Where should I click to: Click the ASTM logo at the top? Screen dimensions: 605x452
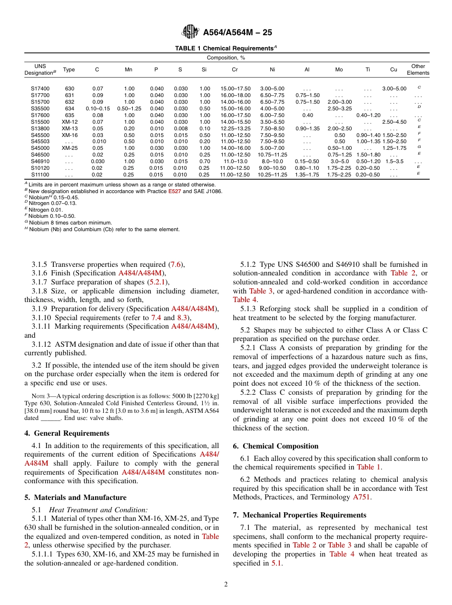click(x=190, y=32)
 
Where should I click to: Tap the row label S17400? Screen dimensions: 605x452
click(x=40, y=88)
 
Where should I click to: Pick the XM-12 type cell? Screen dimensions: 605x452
click(x=69, y=122)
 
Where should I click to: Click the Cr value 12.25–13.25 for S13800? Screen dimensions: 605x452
click(x=235, y=128)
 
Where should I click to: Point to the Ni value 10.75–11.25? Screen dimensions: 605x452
click(x=272, y=155)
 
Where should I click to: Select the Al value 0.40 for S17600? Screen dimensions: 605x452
click(x=307, y=115)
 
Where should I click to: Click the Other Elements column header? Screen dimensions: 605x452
click(x=418, y=69)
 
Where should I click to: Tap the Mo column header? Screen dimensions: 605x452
click(x=339, y=69)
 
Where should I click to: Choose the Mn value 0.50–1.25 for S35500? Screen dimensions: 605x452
click(x=129, y=108)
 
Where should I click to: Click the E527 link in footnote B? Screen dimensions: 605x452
click(x=174, y=191)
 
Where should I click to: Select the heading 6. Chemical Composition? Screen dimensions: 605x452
click(x=275, y=446)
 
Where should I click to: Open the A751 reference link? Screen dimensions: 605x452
click(x=361, y=497)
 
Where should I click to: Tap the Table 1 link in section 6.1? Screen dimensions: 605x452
click(x=365, y=467)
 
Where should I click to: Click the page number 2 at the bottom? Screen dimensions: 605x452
click(x=226, y=585)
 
